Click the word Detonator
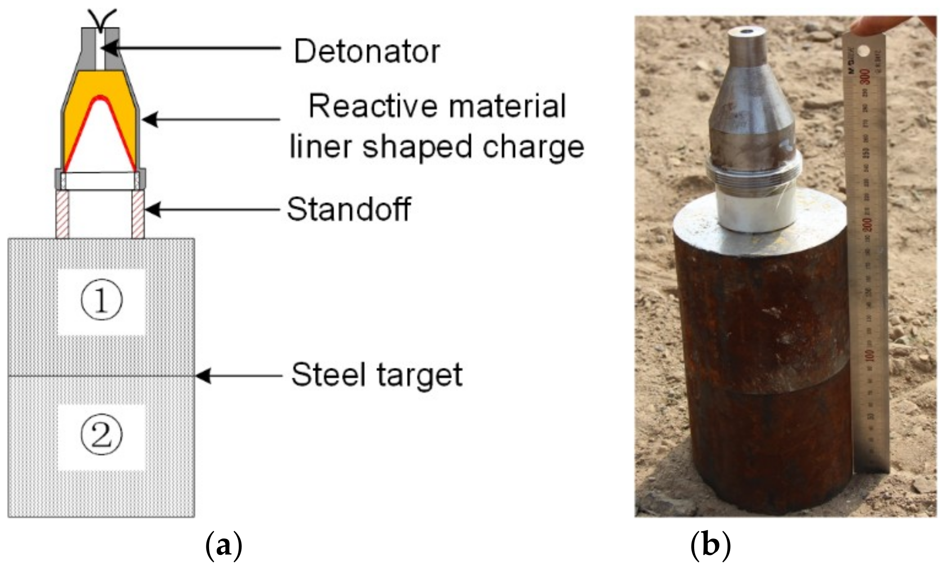point(366,51)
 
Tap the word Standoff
point(349,209)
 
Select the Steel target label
point(377,375)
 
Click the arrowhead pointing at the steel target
point(203,376)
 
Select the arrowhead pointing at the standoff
point(152,209)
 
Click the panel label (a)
point(223,545)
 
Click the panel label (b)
point(710,545)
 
